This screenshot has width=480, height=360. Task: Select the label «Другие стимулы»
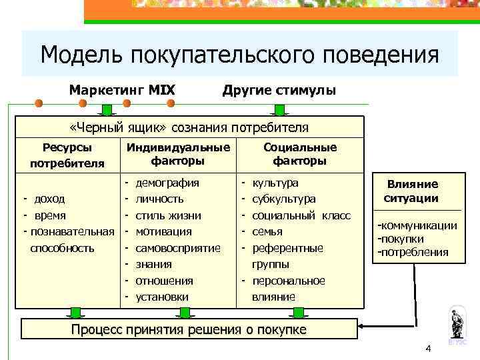tap(279, 89)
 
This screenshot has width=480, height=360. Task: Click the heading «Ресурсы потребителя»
tap(67, 155)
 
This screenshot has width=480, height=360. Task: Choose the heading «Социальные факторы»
tap(300, 154)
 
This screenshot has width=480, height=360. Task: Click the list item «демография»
tap(167, 182)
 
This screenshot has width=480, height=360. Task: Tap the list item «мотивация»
tap(163, 231)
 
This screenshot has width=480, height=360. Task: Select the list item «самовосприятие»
tap(178, 248)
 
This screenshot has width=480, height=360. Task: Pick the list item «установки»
tap(162, 297)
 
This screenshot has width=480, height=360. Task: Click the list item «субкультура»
tap(285, 199)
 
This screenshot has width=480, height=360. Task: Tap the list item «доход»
tap(49, 199)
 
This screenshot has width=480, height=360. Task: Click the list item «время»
tap(49, 215)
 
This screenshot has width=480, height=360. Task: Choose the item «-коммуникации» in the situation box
tap(417, 225)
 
